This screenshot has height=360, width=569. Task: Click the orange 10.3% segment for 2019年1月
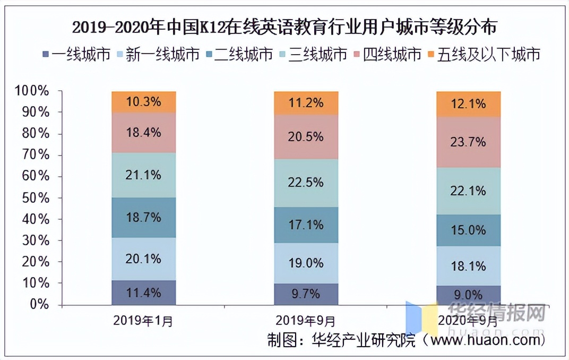(144, 101)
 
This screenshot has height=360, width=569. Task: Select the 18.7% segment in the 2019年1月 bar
(144, 218)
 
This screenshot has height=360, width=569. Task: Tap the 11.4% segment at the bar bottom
(144, 293)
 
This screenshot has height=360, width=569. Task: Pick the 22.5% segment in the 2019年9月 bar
(306, 183)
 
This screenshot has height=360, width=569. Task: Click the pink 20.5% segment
(306, 137)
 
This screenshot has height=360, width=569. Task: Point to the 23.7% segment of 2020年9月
(468, 142)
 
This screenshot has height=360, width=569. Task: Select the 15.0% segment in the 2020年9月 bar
(468, 230)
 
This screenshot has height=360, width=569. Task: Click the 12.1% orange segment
(468, 104)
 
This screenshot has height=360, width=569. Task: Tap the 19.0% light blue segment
(306, 263)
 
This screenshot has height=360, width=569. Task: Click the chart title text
(284, 26)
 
